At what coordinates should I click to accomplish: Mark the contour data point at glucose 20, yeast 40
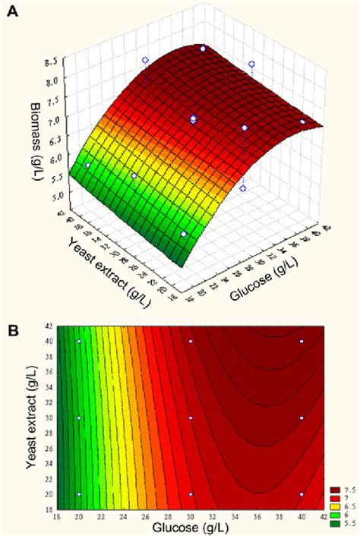(79, 342)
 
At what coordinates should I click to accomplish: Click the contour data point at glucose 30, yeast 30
(191, 418)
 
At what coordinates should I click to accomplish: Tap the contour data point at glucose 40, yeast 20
(302, 494)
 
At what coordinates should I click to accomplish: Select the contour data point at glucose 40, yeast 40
(302, 342)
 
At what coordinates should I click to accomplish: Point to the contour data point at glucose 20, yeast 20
(79, 494)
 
